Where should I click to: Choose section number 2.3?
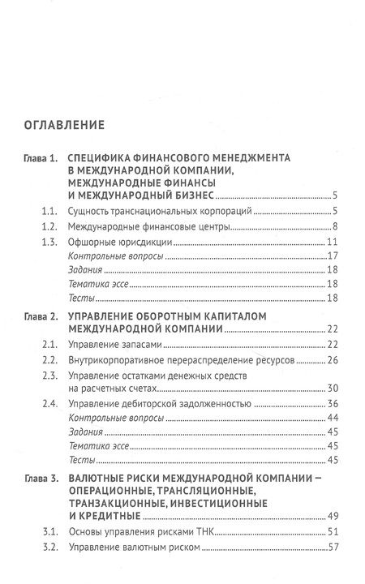(x=48, y=376)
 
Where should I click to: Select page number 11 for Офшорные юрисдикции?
(x=332, y=243)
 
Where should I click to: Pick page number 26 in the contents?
(x=332, y=359)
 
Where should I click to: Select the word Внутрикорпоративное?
(x=120, y=359)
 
